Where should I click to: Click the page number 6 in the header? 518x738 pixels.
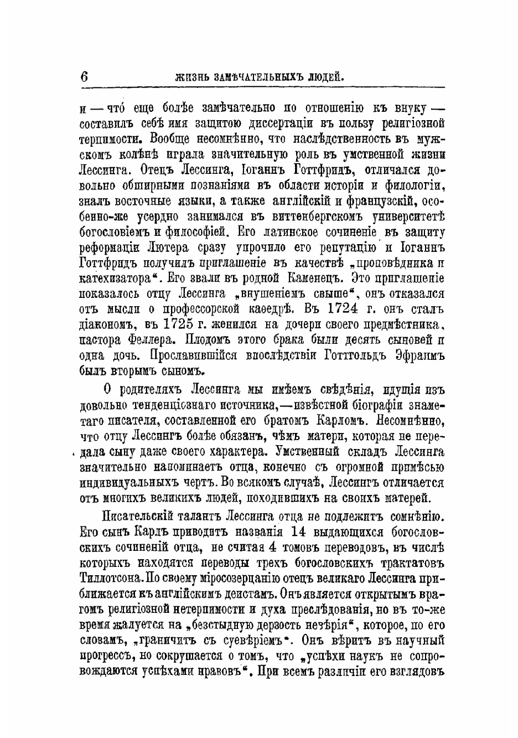pos(84,76)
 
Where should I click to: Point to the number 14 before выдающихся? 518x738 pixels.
pos(290,534)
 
